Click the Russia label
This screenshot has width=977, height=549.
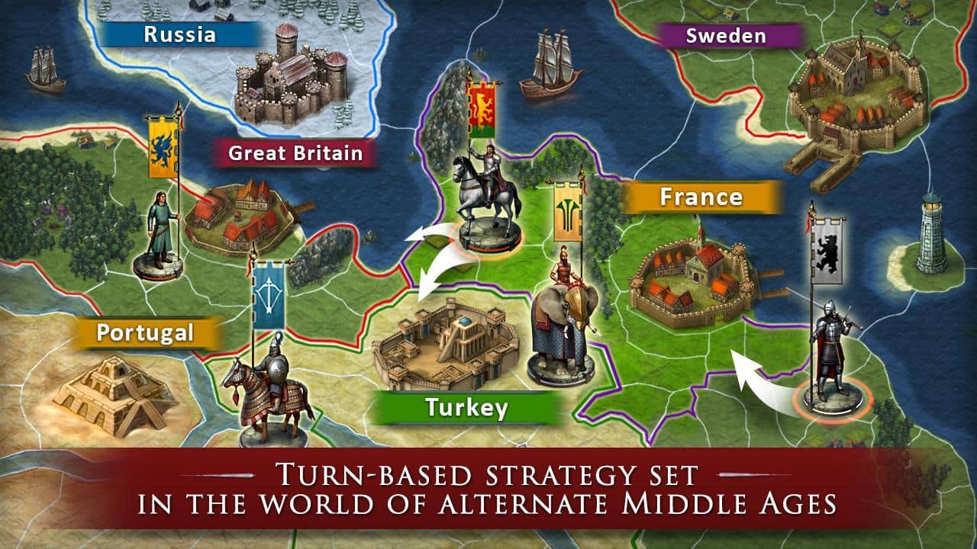click(179, 34)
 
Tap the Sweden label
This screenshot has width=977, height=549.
click(725, 36)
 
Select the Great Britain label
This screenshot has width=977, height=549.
click(295, 153)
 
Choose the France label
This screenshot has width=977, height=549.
click(701, 197)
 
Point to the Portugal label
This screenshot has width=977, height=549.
click(145, 332)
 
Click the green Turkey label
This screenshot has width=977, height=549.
click(466, 408)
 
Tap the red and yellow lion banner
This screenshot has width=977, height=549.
click(481, 111)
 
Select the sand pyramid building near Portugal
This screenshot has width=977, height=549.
click(114, 393)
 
